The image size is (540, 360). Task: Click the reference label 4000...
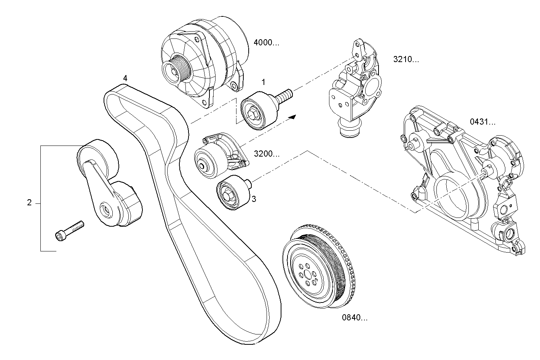coord(266,43)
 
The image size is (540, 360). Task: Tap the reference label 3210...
coord(406,59)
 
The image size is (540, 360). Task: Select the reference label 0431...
coord(482,122)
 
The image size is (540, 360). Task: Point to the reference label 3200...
coord(267,154)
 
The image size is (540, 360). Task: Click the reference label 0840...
coord(355,317)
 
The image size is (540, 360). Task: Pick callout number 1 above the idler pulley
coord(263,82)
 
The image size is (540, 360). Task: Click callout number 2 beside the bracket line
coord(29,203)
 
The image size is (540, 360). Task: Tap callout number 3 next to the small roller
coord(254,198)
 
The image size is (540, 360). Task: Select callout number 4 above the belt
coord(125,78)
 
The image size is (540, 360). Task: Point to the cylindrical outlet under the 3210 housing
coord(349,129)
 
